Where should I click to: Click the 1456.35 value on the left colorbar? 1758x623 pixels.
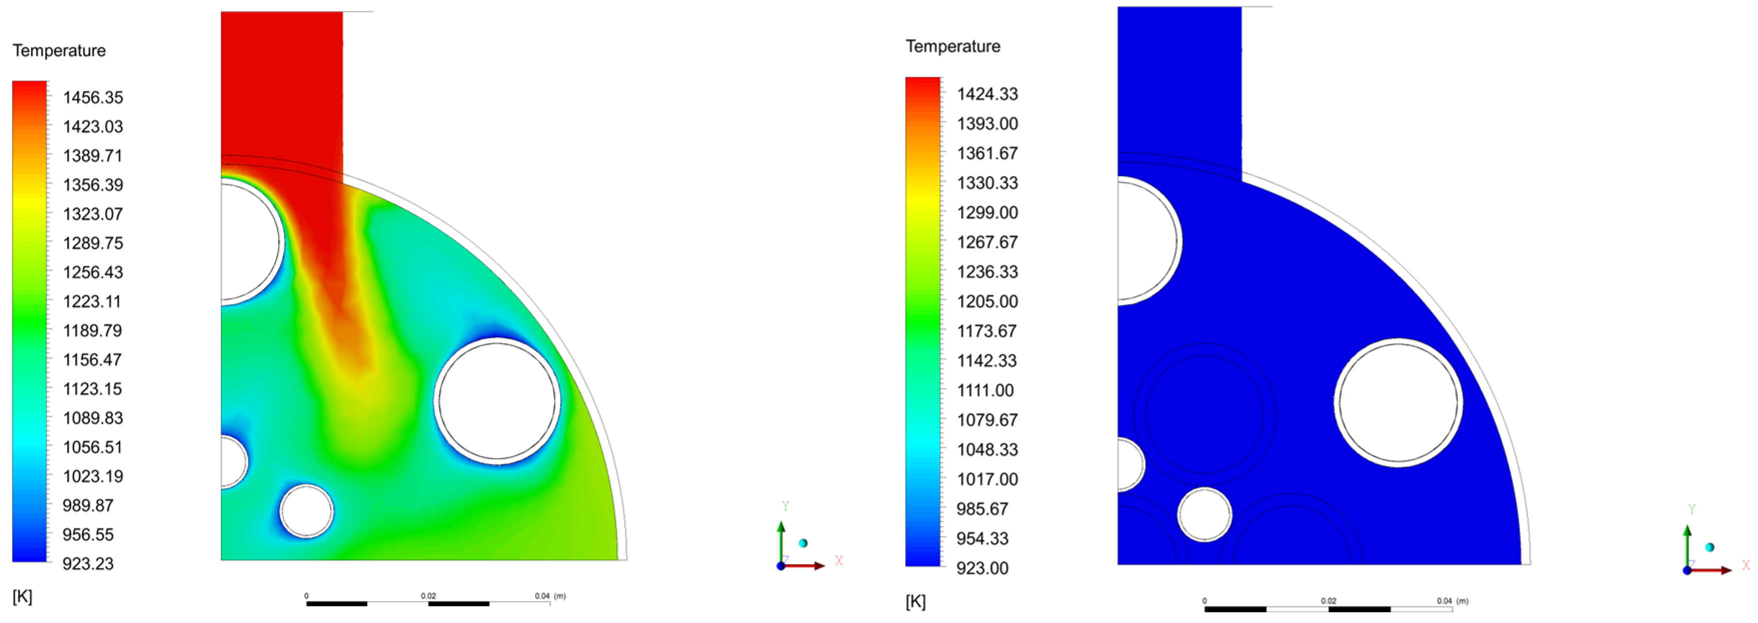[x=93, y=97]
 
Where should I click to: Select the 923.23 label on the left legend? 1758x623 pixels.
[x=88, y=563]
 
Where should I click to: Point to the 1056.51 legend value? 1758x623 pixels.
[x=93, y=447]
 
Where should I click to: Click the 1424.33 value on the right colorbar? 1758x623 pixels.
[x=987, y=93]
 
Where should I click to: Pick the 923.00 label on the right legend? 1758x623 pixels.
[x=982, y=567]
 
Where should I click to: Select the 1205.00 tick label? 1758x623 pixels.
[x=987, y=301]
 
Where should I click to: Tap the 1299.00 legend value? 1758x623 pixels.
[x=987, y=212]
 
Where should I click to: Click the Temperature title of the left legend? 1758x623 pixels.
[x=60, y=50]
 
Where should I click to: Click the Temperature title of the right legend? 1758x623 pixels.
[x=953, y=46]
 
